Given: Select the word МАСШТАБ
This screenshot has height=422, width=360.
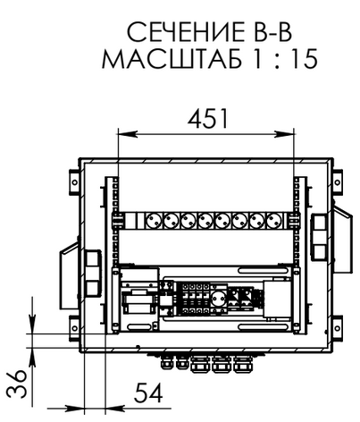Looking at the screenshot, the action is [x=172, y=58].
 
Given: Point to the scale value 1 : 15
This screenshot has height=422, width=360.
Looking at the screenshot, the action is [x=286, y=59].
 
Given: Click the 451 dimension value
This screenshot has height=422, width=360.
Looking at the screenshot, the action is [x=208, y=119].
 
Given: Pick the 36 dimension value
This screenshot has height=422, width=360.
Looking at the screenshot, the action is [x=17, y=384].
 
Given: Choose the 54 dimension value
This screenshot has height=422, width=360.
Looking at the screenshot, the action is [x=148, y=392].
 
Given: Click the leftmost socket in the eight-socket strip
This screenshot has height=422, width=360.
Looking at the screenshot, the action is [x=154, y=221].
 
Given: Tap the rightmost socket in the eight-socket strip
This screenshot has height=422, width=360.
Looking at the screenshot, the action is [x=275, y=221].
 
